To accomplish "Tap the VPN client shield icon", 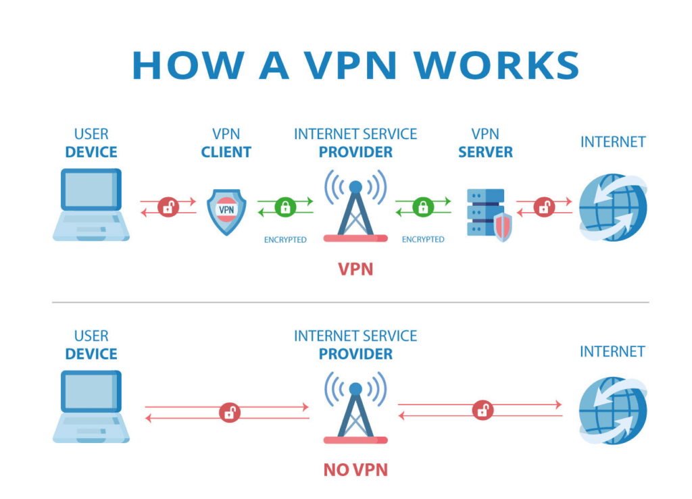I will (x=226, y=211).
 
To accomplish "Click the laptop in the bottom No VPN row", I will (x=91, y=407).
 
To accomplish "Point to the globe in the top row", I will (x=612, y=207).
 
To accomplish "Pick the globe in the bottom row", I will (x=612, y=410).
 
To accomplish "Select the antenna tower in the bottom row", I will (x=355, y=409).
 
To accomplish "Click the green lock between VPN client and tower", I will (x=285, y=207).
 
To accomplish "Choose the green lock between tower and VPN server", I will (x=423, y=207).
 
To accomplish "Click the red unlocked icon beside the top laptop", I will (x=168, y=207).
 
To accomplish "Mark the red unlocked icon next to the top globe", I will (x=544, y=207).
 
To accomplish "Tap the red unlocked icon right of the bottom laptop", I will (x=230, y=413).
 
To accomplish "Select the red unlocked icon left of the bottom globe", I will (x=483, y=410).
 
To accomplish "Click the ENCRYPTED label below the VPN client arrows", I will (x=285, y=240).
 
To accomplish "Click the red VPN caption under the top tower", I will (x=355, y=269).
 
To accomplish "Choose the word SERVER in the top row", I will (x=485, y=152).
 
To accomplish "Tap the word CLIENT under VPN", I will (x=226, y=152).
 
